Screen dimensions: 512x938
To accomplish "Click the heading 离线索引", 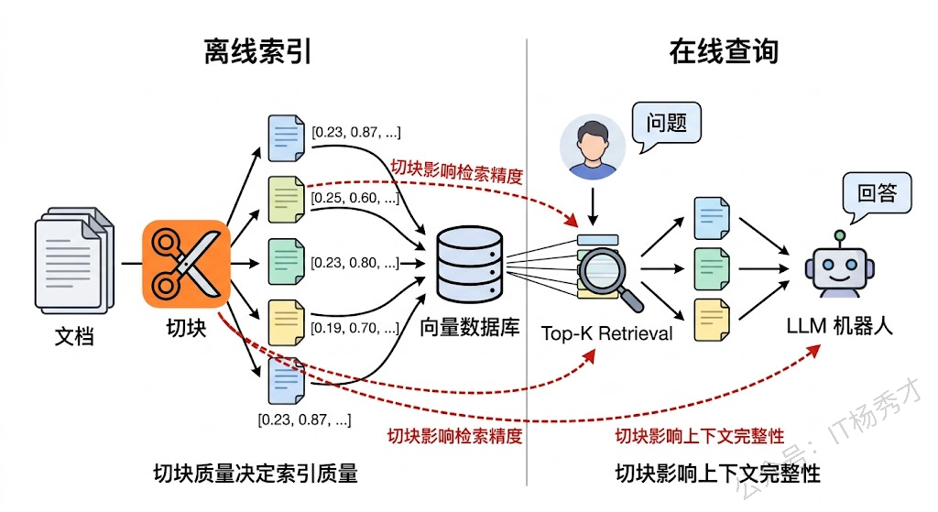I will click(x=257, y=51).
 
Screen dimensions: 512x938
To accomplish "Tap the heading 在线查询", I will click(x=724, y=51).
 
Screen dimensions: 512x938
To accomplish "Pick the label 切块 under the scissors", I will click(x=185, y=327).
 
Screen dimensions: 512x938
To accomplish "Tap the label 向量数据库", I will click(x=470, y=326).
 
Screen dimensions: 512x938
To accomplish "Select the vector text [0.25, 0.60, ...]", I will click(x=355, y=198).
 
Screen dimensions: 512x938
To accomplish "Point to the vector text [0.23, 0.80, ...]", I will click(x=355, y=263).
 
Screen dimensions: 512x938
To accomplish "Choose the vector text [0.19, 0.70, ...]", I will click(x=355, y=327).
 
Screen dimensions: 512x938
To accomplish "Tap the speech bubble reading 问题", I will click(x=666, y=122).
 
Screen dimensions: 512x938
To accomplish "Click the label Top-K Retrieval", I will click(x=606, y=333).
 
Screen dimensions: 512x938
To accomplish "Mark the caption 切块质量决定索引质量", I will click(x=256, y=474).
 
